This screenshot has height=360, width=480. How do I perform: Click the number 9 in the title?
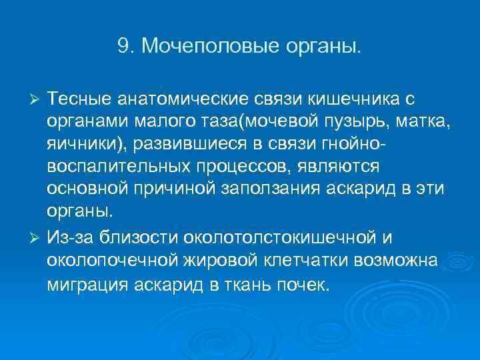click(122, 47)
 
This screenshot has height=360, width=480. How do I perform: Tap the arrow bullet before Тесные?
click(37, 100)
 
